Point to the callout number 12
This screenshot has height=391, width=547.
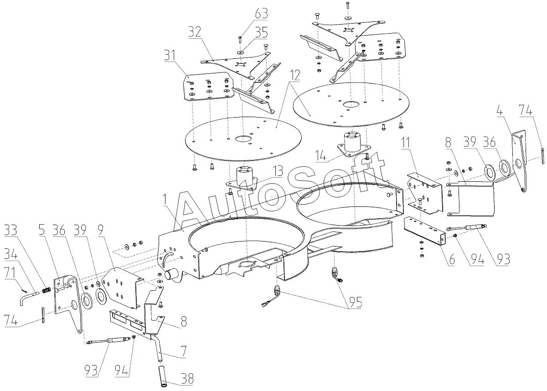(x=294, y=76)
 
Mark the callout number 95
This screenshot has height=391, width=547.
(x=356, y=302)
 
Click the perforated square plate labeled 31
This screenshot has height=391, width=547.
(x=208, y=87)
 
